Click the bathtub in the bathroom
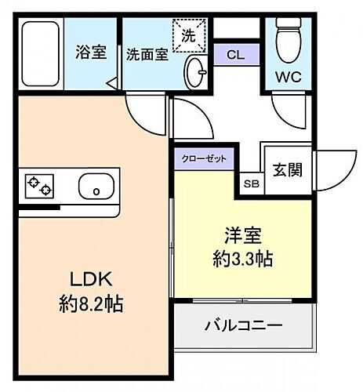point(42,56)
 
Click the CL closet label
point(234,55)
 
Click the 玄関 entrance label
point(288,169)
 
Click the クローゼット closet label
point(205,158)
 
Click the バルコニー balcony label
point(244,325)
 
